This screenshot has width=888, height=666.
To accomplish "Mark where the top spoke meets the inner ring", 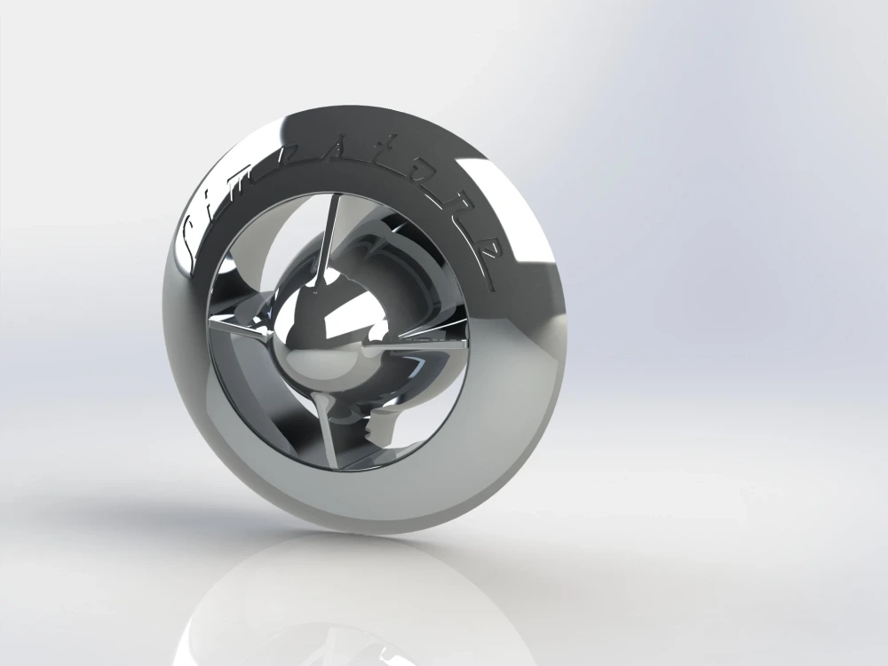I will pos(336,197).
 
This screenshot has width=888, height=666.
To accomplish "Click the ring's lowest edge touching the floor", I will pos(373,533).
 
